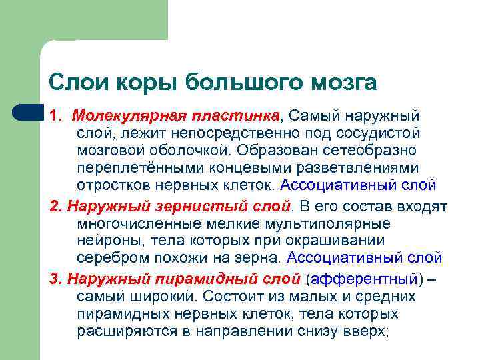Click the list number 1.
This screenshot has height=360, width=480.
click(54, 116)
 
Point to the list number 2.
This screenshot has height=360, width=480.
click(54, 207)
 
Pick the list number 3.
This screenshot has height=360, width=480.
click(54, 279)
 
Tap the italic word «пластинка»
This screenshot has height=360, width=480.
click(233, 116)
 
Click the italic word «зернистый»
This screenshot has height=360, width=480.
click(188, 207)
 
